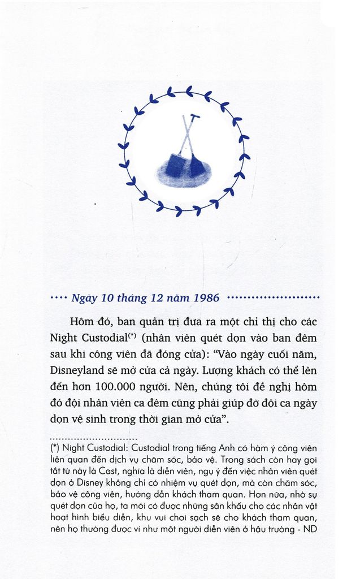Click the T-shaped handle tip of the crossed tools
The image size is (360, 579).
click(x=195, y=117)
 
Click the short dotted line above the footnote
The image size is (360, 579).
click(x=93, y=438)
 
